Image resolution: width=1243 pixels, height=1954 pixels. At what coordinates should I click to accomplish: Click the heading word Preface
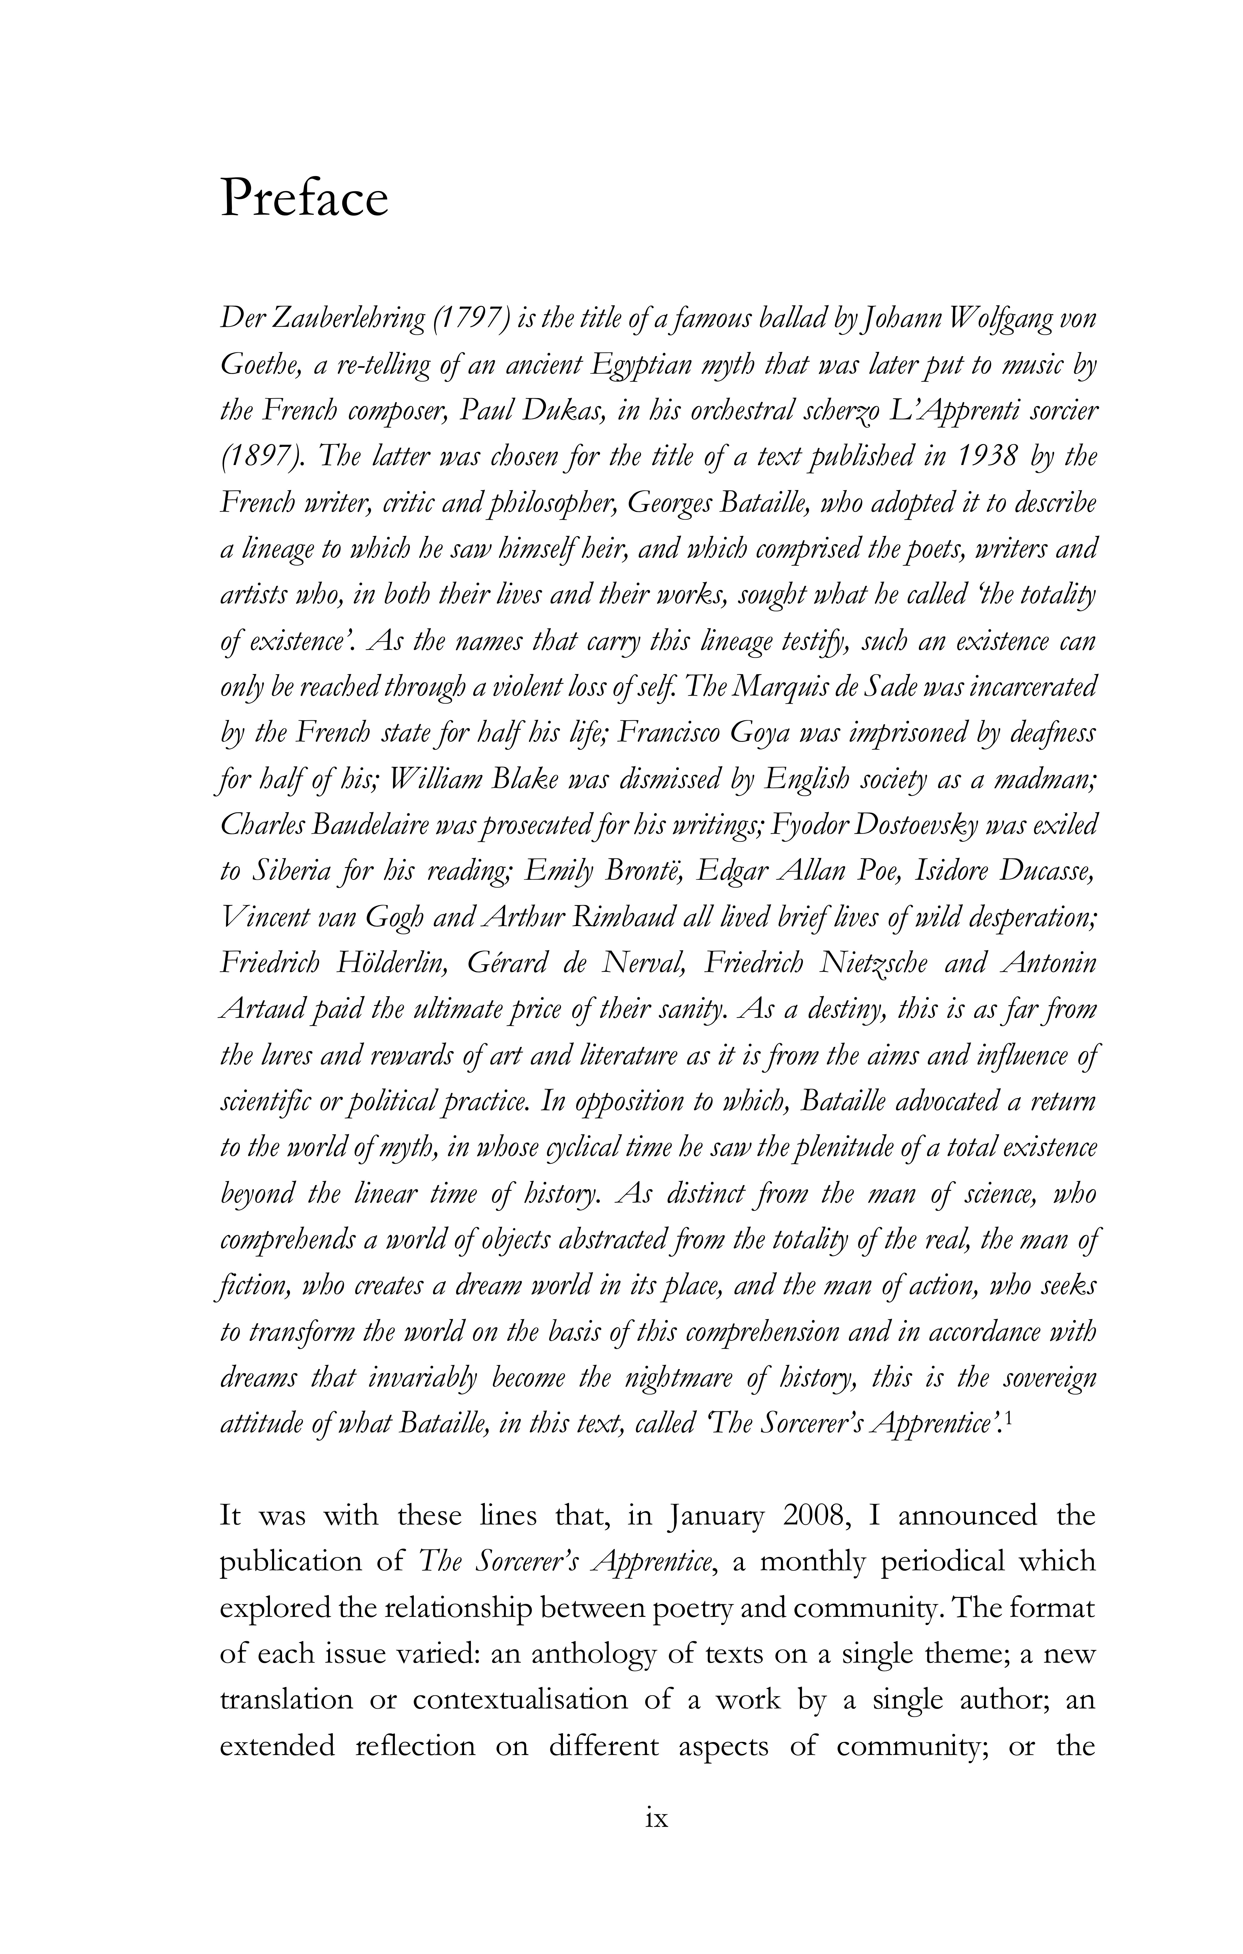[304, 199]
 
